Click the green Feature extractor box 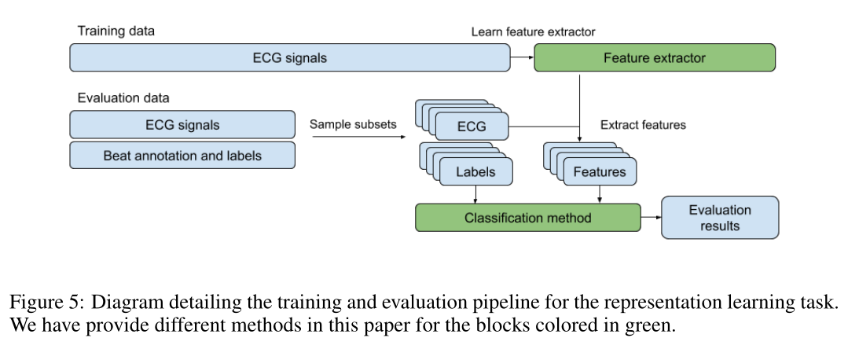coord(655,57)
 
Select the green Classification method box coord(528,218)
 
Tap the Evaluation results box coord(720,217)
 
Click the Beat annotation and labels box coord(182,156)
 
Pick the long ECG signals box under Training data coord(290,57)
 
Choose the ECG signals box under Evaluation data coord(182,125)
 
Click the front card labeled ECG coord(472,127)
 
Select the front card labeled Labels coord(475,172)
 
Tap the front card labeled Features coord(600,172)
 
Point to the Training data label coord(116,31)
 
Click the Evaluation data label coord(123,97)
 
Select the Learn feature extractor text coord(534,32)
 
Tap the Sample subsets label coord(353,124)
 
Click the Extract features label coord(643,125)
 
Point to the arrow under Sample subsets coord(359,137)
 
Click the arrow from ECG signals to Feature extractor coord(522,57)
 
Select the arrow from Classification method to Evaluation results coord(652,217)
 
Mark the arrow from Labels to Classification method coord(475,195)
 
